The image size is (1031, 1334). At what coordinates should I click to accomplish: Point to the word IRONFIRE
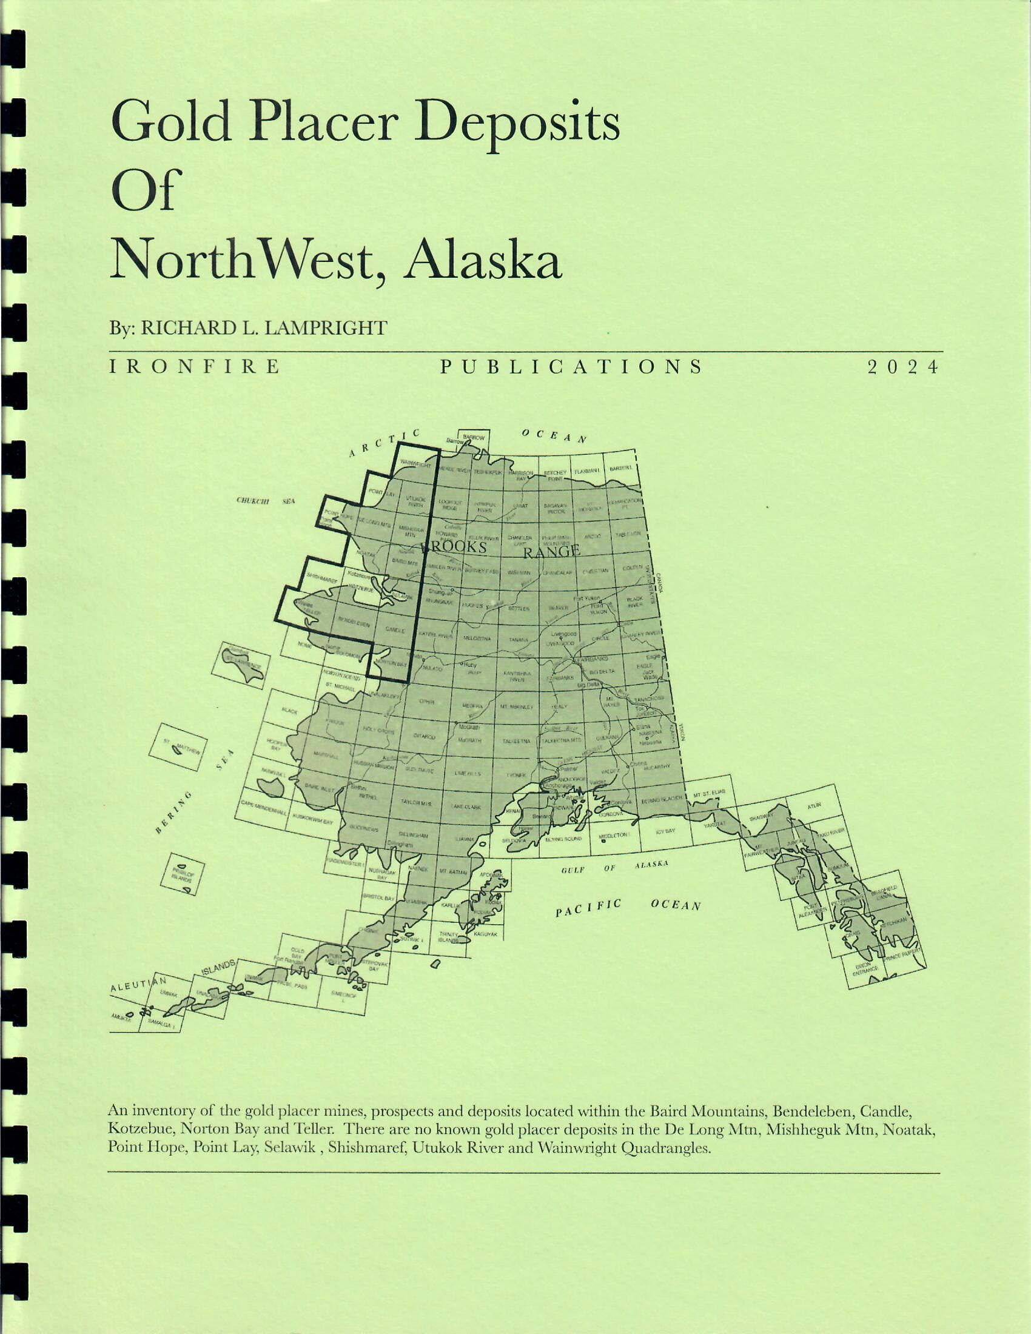(195, 366)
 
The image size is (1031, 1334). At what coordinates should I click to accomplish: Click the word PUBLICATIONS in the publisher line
(571, 366)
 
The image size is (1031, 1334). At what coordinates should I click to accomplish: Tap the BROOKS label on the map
(455, 547)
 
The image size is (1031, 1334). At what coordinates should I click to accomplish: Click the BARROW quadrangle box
(474, 437)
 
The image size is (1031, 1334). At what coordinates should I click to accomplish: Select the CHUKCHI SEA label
(265, 501)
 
